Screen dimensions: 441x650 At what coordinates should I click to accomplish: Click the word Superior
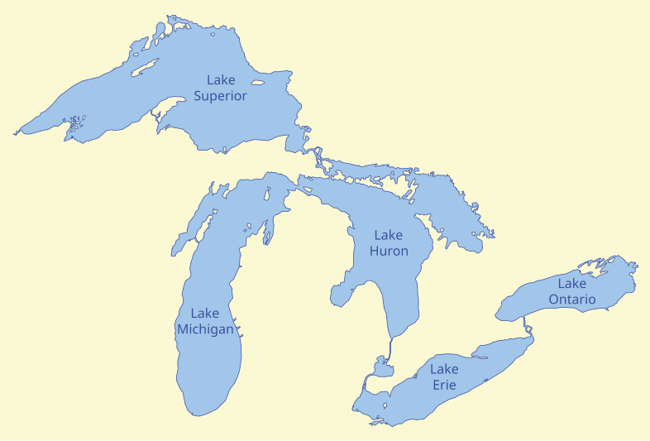pos(221,96)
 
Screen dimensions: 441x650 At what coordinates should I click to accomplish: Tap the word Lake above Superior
pos(221,80)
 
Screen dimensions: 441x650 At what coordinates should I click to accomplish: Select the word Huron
pos(389,251)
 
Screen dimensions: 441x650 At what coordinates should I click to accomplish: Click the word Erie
pos(444,385)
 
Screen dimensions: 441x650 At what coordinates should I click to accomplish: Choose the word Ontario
pos(571,300)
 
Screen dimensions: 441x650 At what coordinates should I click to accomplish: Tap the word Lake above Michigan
pos(205,313)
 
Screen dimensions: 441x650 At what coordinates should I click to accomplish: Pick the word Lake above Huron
pos(389,235)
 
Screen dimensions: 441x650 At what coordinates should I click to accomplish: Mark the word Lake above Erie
pos(444,369)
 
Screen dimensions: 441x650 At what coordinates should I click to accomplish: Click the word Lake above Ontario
pos(571,284)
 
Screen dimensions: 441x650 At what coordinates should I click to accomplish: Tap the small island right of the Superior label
pos(257,83)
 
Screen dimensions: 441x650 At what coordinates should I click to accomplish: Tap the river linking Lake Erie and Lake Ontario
pos(528,331)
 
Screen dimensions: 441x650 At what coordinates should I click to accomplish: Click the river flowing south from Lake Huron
pos(390,348)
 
